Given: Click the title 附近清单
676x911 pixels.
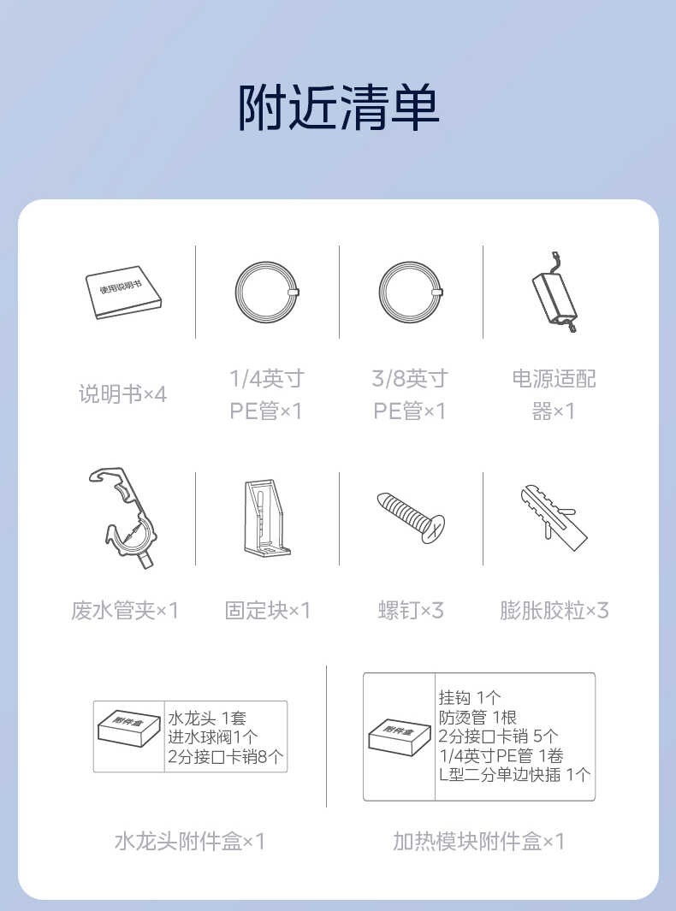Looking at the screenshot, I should [x=338, y=107].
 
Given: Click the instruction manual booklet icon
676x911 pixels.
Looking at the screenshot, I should [x=124, y=293].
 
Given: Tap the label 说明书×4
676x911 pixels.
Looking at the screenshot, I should [x=122, y=394].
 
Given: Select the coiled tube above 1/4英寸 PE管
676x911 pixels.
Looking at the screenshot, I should [x=266, y=292].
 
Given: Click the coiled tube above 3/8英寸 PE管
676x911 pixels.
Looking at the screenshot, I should [x=410, y=292].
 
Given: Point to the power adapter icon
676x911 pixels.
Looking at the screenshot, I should [x=554, y=293].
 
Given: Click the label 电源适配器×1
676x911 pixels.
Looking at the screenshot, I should [x=554, y=394].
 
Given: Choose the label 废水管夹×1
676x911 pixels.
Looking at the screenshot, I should [x=125, y=610].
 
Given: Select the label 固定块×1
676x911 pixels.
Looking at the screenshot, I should [x=267, y=610].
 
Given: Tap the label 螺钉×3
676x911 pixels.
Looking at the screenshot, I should [x=411, y=610].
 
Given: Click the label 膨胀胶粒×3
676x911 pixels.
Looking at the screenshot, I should [x=554, y=610].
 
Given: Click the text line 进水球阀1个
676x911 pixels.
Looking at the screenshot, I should [x=212, y=737].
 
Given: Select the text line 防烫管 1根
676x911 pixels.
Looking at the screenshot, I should [x=477, y=717].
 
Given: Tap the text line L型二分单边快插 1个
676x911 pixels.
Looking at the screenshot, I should [x=514, y=775].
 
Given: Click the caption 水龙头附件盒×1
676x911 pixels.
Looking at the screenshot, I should [x=190, y=842].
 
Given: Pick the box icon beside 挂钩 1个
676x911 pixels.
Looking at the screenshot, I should [x=399, y=736].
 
